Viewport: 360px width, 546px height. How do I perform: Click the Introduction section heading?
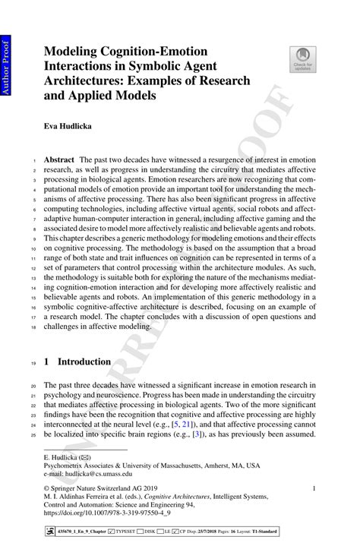pyautogui.click(x=88, y=361)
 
